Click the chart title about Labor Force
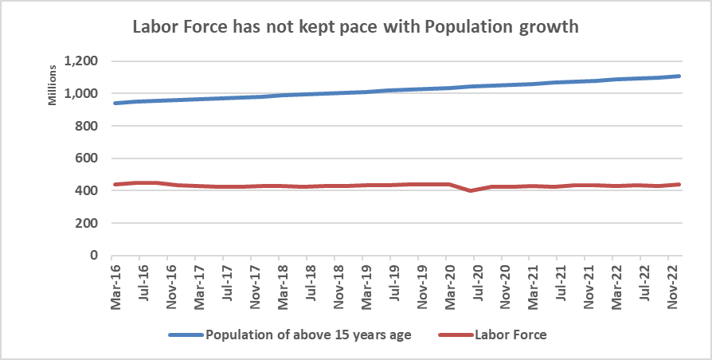click(x=354, y=26)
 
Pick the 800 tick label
click(x=86, y=126)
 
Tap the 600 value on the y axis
click(x=86, y=158)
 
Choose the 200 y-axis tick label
click(x=86, y=223)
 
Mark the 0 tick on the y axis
click(x=93, y=256)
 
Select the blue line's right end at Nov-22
click(x=678, y=76)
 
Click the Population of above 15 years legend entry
click(x=307, y=335)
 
